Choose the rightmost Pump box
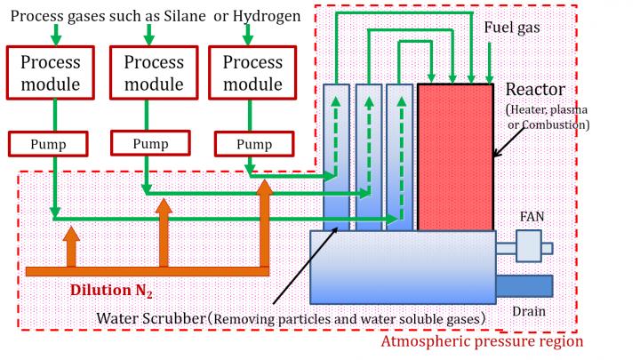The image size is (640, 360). point(253,144)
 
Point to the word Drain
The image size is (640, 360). point(528,311)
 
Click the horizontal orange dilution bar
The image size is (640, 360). point(147,270)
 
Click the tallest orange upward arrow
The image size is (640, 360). point(264,226)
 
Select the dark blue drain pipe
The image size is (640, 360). point(524,285)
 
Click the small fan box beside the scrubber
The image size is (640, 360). point(528,246)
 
